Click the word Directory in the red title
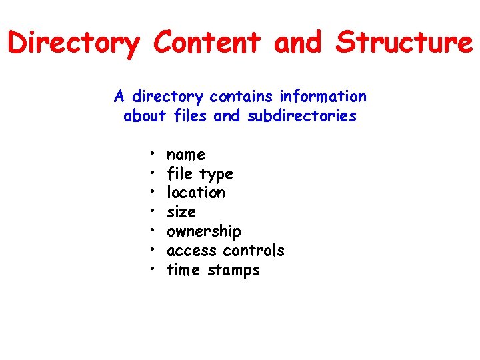[74, 43]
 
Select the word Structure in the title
[404, 43]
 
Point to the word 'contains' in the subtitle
[242, 97]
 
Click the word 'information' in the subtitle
[323, 97]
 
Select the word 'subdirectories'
[302, 116]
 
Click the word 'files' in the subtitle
[191, 116]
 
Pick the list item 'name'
[186, 155]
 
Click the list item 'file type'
[199, 174]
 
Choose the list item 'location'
[196, 193]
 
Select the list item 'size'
[181, 212]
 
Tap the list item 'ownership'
[204, 231]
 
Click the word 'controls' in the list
[253, 251]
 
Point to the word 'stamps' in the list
[233, 271]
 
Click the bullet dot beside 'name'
[153, 153]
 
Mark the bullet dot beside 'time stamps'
[153, 269]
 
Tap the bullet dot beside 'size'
[153, 211]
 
